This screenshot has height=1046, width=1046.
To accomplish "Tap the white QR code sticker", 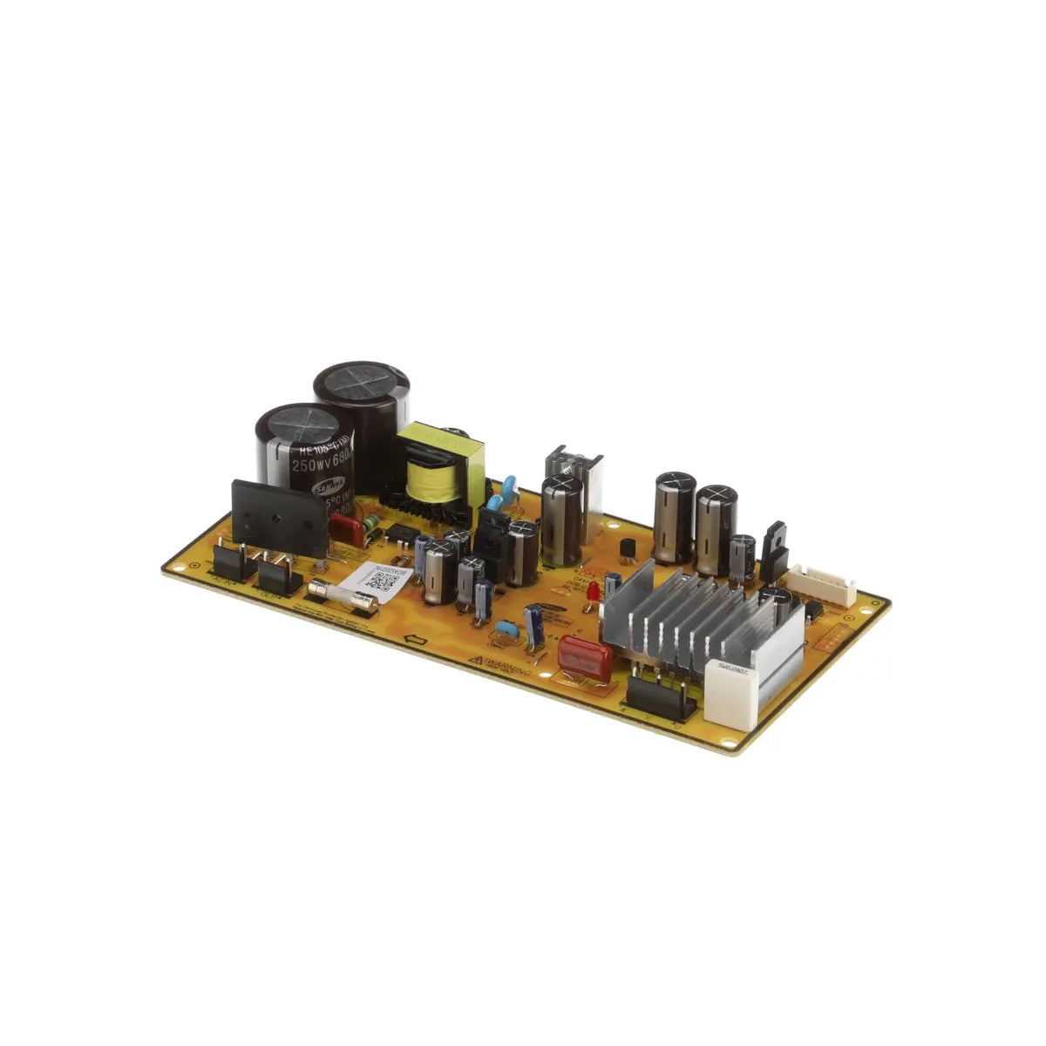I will (377, 581).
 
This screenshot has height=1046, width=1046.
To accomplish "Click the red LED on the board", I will (593, 594).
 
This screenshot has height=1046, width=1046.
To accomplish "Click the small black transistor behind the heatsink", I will (626, 549).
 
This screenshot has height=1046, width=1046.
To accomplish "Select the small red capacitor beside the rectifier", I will (346, 531).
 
